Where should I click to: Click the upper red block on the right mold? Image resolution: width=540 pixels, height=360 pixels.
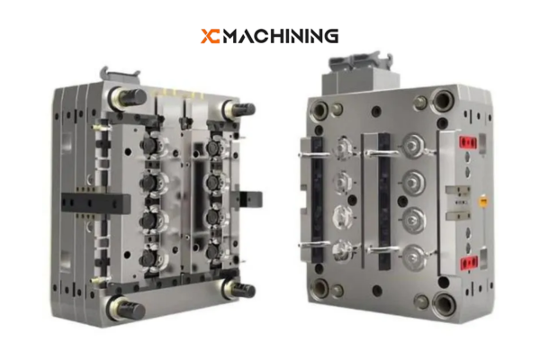[x=467, y=142]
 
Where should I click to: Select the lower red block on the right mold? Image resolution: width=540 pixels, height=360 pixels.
[x=467, y=262]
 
